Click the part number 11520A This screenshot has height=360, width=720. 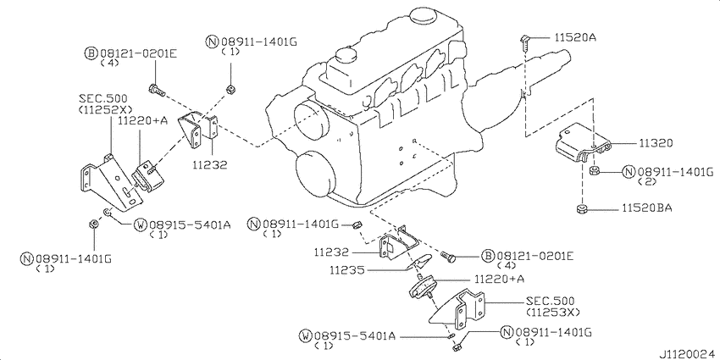(x=576, y=38)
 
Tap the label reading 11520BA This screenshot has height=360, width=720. (x=649, y=208)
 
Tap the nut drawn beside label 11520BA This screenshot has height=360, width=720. (x=581, y=208)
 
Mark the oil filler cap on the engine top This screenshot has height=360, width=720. (x=347, y=57)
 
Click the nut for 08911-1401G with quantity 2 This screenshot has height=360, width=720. (x=595, y=173)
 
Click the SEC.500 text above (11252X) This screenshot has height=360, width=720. (x=97, y=98)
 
